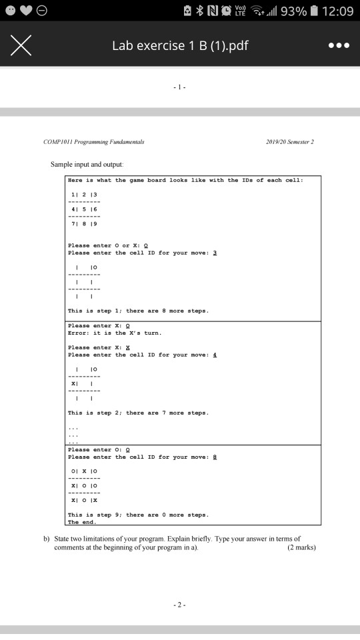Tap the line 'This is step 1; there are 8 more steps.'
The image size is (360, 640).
pos(139,311)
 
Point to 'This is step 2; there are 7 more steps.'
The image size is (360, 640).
pos(139,413)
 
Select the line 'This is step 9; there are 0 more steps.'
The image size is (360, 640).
pos(139,515)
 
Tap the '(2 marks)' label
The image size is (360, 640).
pos(301,548)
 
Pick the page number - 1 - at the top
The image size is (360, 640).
pos(180,87)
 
